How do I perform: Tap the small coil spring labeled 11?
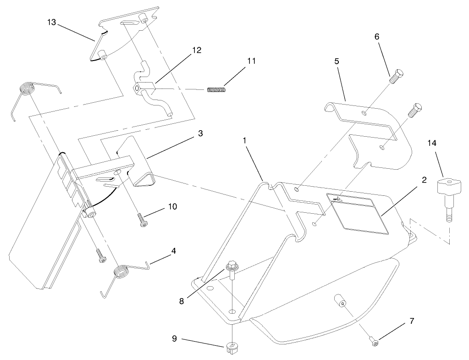[216, 89]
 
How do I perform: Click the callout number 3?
[200, 133]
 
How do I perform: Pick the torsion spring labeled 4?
[122, 272]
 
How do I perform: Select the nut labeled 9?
[233, 348]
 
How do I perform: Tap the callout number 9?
[175, 340]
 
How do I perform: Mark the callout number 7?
[412, 321]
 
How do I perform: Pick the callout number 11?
[251, 61]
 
